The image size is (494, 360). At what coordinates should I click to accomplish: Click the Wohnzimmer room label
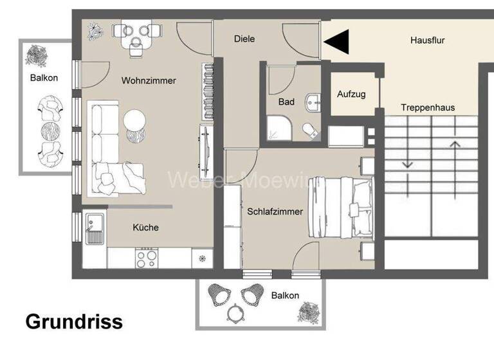click(149, 81)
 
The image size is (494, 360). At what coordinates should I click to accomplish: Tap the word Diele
click(244, 39)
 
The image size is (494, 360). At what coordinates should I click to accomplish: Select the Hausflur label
click(428, 40)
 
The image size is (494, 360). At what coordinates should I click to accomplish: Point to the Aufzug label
click(351, 94)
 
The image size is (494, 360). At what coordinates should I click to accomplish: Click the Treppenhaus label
click(428, 107)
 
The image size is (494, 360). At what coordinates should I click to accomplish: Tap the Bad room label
click(286, 102)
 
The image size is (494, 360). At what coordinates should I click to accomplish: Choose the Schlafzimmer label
click(275, 211)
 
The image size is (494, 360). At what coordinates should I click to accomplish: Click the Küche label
click(145, 228)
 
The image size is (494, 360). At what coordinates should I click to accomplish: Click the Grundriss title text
click(74, 321)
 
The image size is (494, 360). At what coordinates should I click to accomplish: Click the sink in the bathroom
click(313, 102)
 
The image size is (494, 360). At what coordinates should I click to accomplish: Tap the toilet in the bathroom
click(311, 130)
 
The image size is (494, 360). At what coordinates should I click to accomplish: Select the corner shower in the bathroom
click(278, 128)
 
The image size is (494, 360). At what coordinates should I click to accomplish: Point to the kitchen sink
click(94, 230)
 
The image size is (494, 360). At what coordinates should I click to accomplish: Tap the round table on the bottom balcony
click(235, 313)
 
